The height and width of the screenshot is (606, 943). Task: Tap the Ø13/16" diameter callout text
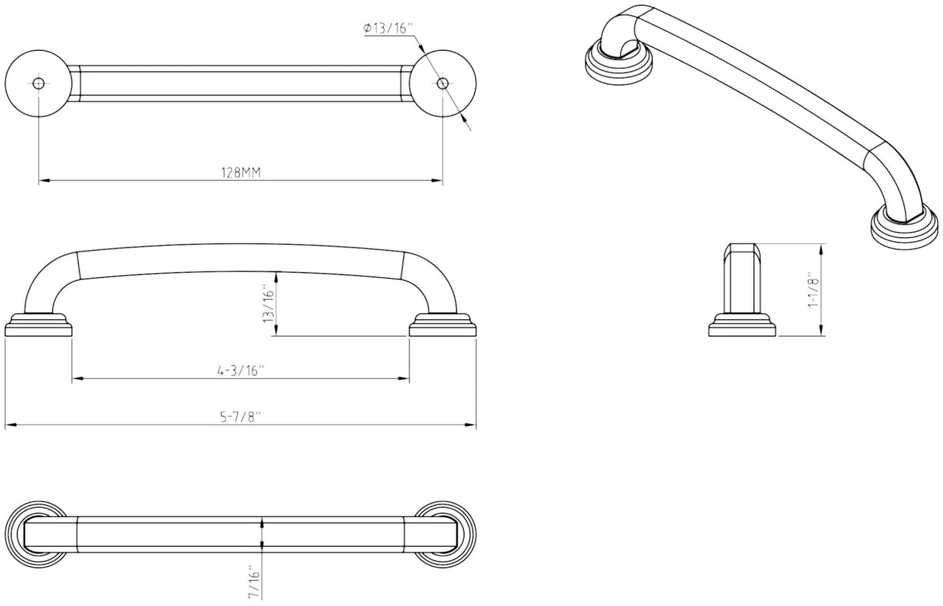click(x=387, y=28)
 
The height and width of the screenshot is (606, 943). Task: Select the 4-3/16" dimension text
click(x=240, y=371)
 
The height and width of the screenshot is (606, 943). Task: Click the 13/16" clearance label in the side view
click(x=269, y=305)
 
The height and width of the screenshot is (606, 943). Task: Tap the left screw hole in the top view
click(x=39, y=84)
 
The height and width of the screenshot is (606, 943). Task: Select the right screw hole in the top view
click(x=442, y=84)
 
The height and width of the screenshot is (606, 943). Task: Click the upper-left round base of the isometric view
click(x=619, y=65)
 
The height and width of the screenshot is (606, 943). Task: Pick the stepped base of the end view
click(x=742, y=328)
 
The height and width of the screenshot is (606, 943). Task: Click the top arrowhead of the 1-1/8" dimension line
click(x=821, y=247)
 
